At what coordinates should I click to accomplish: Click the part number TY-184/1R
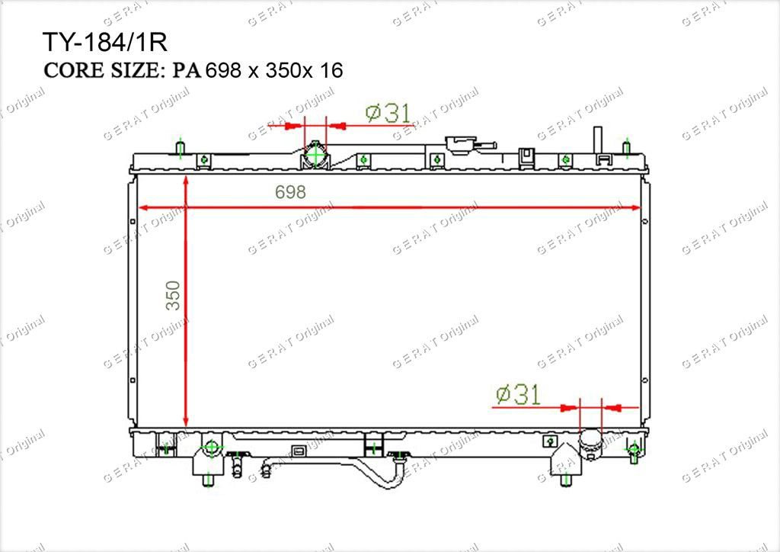point(105,42)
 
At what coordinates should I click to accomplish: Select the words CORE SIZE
point(101,70)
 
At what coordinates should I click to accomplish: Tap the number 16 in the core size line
point(331,70)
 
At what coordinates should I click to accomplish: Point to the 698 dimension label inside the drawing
point(290,192)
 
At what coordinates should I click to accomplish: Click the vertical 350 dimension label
point(173,296)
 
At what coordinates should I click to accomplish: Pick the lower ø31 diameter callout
point(518,395)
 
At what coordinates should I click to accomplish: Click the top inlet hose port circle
point(315,155)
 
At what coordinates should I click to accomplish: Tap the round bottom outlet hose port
point(590,441)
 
